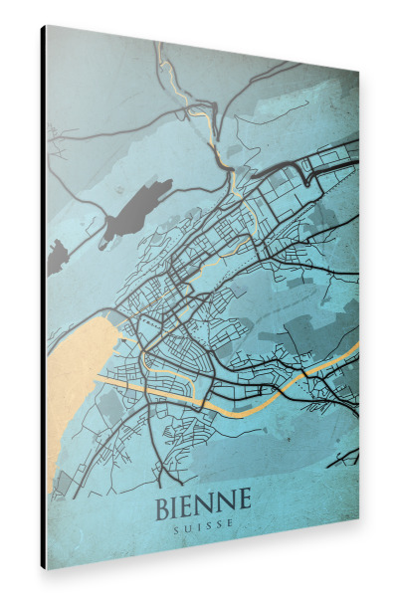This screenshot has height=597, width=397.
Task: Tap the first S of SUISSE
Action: [176, 523]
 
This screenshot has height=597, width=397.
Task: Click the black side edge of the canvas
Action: [43, 298]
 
